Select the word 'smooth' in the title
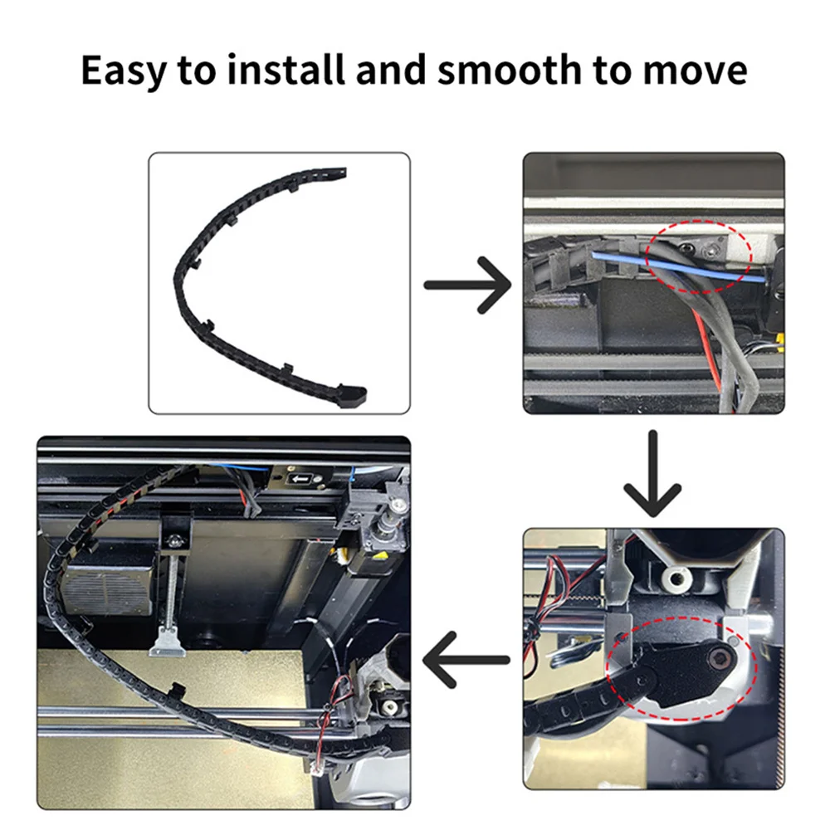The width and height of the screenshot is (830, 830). coord(501,71)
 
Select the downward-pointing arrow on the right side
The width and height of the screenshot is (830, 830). coord(652,471)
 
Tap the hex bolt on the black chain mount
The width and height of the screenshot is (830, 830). coord(720,660)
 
